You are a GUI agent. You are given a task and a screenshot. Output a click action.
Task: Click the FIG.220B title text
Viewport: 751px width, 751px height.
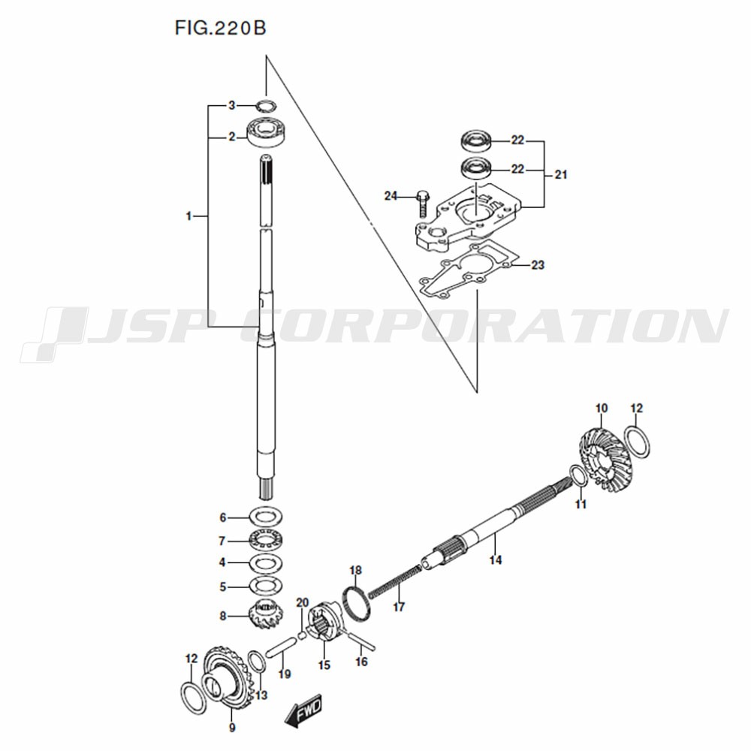(x=220, y=28)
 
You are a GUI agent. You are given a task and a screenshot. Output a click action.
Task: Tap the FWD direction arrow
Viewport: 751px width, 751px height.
(x=303, y=710)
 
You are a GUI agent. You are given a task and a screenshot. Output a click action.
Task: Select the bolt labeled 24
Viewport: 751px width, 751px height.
(x=423, y=204)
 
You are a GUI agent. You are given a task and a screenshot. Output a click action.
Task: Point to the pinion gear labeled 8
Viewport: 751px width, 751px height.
(x=265, y=615)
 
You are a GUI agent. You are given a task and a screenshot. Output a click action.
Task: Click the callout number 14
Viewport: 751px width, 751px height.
(x=496, y=559)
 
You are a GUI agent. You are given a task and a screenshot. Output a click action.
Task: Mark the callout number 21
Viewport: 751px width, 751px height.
(x=561, y=175)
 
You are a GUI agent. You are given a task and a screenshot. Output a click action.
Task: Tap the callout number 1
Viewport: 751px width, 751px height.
(x=189, y=216)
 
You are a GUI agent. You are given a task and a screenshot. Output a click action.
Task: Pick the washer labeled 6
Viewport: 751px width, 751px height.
(x=266, y=517)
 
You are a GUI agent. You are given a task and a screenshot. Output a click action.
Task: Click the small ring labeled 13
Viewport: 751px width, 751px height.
(x=256, y=668)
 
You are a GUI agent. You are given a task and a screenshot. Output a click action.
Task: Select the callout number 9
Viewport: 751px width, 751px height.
(x=232, y=728)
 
